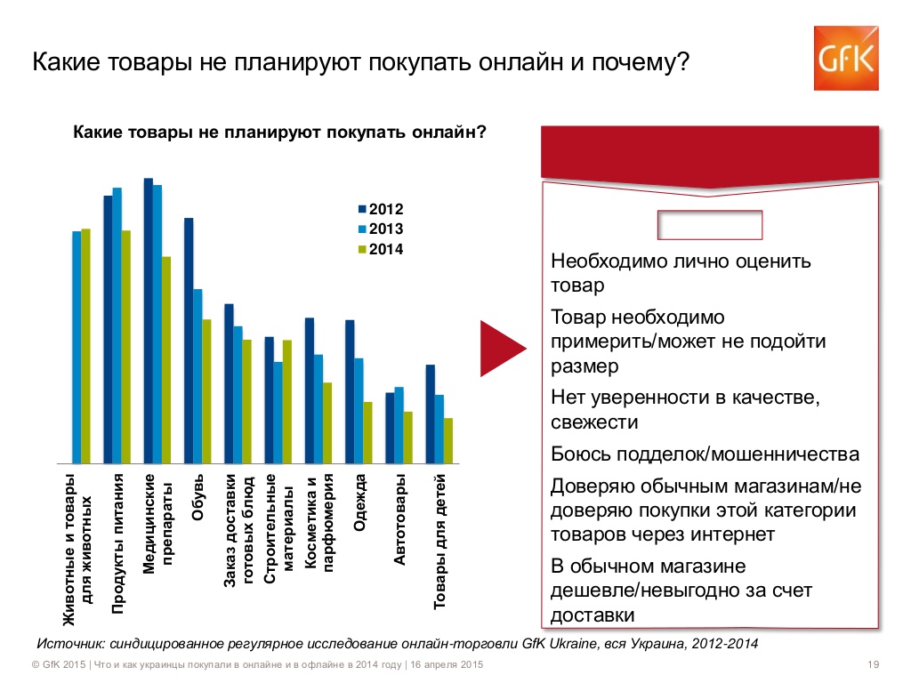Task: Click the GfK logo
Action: (x=846, y=58)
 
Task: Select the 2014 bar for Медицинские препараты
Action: (x=166, y=360)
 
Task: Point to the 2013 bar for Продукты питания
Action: (x=117, y=325)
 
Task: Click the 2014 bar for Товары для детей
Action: (x=448, y=440)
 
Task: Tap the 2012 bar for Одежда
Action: (x=350, y=391)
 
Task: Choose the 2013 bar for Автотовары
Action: (x=399, y=425)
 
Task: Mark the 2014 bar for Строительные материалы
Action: (x=287, y=401)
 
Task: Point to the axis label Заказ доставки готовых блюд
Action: (x=238, y=537)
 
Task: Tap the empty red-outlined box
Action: (x=710, y=225)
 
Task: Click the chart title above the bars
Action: (x=279, y=133)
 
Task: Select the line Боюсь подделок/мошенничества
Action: (x=705, y=454)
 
